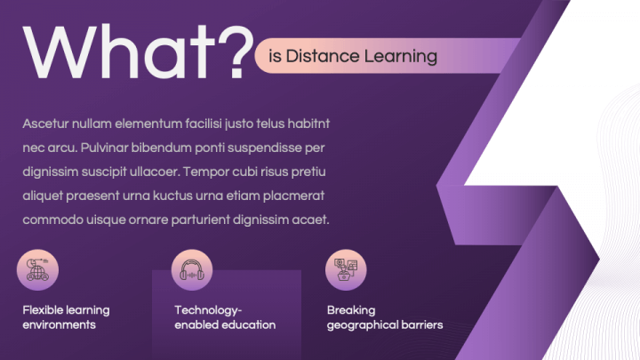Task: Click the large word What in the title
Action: point(119,52)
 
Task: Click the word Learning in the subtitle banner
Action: point(400,57)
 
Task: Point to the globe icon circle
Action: point(37,270)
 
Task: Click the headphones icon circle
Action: point(192,270)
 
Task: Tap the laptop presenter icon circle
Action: point(346,270)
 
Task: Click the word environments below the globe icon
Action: point(60,325)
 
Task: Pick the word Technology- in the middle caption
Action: point(208,310)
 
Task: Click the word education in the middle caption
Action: point(250,325)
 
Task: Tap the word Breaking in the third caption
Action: point(351,310)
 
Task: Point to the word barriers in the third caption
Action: point(422,325)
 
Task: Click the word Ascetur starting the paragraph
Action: point(45,124)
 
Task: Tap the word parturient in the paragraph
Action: point(200,220)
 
